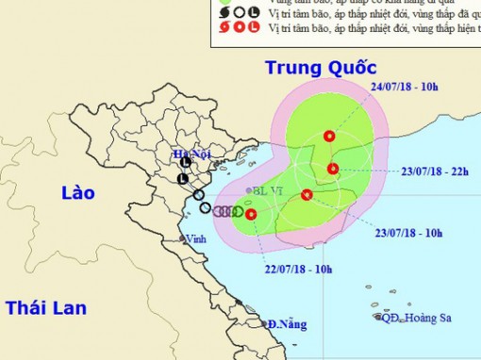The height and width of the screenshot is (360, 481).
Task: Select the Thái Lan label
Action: click(x=45, y=307)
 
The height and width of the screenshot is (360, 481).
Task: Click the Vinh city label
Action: click(x=195, y=237)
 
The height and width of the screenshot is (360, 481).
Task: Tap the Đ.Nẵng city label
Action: click(x=287, y=324)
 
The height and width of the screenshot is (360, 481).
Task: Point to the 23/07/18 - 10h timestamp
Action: click(x=410, y=231)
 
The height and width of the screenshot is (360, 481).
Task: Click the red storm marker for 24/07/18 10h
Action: click(x=328, y=136)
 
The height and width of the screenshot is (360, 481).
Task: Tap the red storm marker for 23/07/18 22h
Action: click(x=332, y=169)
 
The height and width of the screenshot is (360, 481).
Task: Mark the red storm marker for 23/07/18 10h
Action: click(x=306, y=195)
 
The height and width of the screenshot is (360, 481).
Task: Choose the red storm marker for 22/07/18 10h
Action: click(x=251, y=215)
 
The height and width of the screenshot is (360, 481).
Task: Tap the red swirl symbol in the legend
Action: click(x=224, y=28)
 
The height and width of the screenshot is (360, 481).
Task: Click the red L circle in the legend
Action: click(x=255, y=28)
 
